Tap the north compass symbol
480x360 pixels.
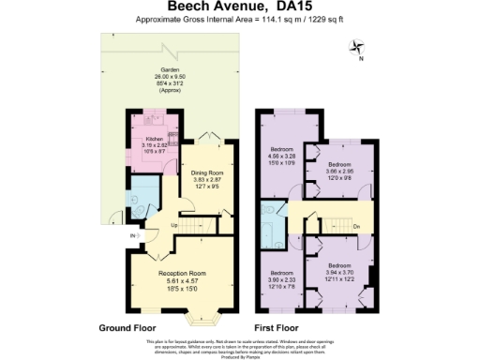[x=355, y=46]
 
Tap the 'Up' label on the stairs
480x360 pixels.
[x=175, y=225]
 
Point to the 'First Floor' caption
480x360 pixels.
[x=284, y=329]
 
